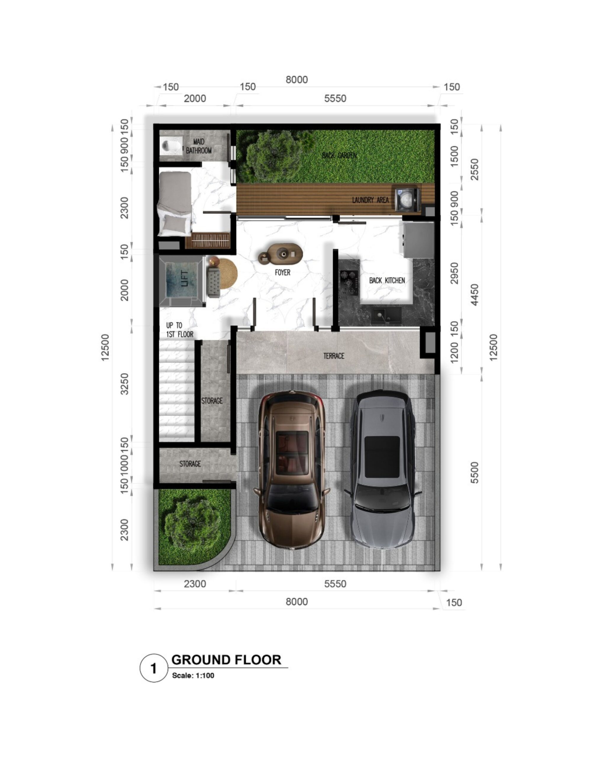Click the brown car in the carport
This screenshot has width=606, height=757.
291,470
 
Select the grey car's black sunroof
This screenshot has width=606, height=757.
382,457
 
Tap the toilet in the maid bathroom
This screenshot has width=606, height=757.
171,145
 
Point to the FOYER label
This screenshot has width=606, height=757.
283,272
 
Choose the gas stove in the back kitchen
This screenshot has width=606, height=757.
349,282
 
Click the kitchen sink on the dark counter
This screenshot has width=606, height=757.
387,315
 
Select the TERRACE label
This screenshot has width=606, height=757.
333,356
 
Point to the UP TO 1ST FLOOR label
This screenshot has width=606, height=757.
180,330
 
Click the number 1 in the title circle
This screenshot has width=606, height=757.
154,669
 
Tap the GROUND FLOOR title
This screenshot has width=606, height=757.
226,660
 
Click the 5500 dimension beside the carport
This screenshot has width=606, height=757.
474,473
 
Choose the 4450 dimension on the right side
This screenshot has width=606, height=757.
474,295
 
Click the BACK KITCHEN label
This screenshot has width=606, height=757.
387,281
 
